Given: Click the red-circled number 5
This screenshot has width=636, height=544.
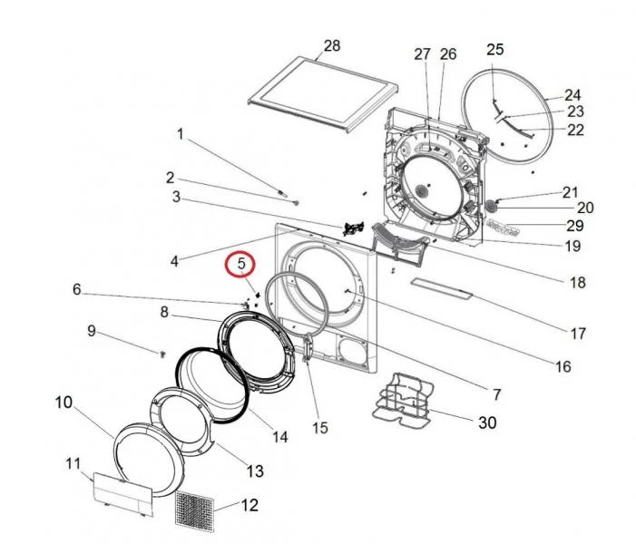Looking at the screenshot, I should pyautogui.click(x=241, y=265).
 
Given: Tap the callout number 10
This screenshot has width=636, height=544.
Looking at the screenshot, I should pyautogui.click(x=64, y=402).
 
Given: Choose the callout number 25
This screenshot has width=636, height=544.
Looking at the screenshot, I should pyautogui.click(x=494, y=49).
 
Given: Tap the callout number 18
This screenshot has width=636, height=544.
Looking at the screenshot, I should pyautogui.click(x=577, y=283).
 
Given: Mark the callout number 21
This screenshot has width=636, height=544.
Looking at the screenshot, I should pyautogui.click(x=570, y=192).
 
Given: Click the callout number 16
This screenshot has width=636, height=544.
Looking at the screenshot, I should pyautogui.click(x=563, y=367).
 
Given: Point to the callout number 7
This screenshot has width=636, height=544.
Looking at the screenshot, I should pyautogui.click(x=496, y=394).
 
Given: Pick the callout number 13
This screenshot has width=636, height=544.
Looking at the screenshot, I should pyautogui.click(x=255, y=471).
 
